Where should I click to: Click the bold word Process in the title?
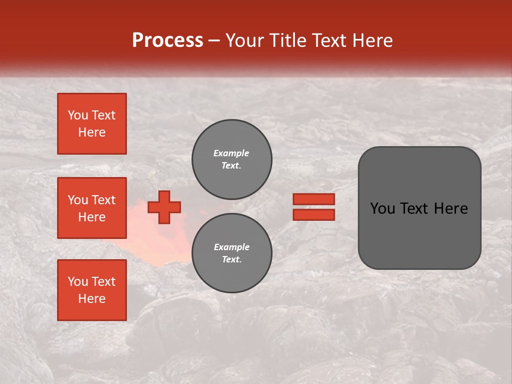tap(167, 41)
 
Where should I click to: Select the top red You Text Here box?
tap(92, 124)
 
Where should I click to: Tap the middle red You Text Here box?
tap(92, 208)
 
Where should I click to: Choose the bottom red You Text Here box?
tap(92, 290)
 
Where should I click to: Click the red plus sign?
tap(164, 207)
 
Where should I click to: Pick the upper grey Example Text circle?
tap(231, 159)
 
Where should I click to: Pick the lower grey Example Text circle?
tap(231, 253)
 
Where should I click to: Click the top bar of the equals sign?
tap(314, 199)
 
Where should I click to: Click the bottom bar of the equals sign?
tap(314, 214)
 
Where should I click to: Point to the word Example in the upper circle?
tap(231, 153)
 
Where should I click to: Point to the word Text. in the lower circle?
tap(231, 259)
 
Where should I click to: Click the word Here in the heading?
tap(373, 41)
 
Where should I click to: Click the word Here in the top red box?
tap(92, 132)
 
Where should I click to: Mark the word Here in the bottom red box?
tap(92, 299)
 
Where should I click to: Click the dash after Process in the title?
tap(214, 41)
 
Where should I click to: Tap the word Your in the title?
tap(245, 41)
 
